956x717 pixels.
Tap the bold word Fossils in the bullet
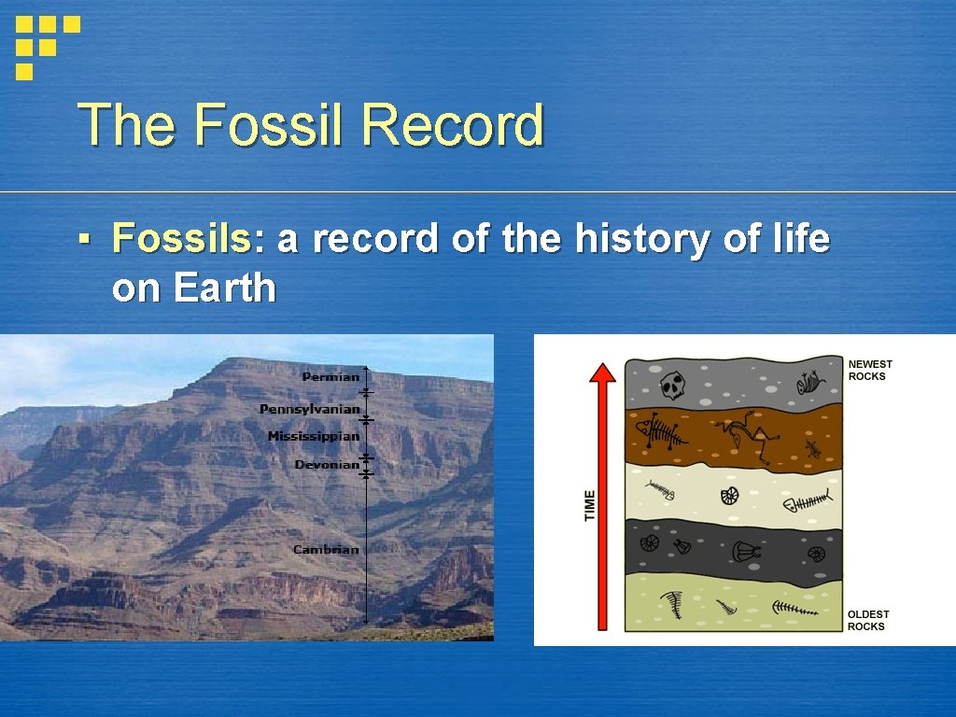click(x=181, y=239)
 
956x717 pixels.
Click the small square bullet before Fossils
click(x=84, y=240)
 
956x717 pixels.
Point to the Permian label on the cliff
click(x=330, y=377)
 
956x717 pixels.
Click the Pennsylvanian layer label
click(x=309, y=409)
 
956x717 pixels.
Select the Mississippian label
click(x=313, y=436)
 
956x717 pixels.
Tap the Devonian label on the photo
click(x=327, y=464)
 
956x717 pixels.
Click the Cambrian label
click(x=325, y=549)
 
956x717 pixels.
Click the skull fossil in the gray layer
click(x=672, y=384)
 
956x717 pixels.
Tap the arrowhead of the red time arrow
click(x=604, y=373)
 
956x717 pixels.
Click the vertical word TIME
click(x=590, y=506)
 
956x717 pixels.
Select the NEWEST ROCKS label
click(x=869, y=370)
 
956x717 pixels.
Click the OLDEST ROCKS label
click(x=868, y=620)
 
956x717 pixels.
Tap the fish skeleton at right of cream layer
click(x=807, y=504)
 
